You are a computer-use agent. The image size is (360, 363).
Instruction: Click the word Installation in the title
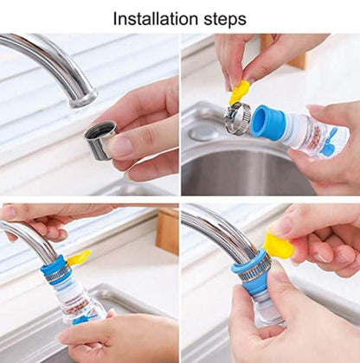[156, 19]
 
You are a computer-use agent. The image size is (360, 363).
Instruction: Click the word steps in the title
[225, 20]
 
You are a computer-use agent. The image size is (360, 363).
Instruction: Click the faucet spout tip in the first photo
[83, 100]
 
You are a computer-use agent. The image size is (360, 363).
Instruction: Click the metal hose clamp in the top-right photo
[237, 118]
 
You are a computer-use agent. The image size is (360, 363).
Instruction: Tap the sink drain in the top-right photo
[202, 133]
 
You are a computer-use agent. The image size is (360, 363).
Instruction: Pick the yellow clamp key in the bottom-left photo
[79, 258]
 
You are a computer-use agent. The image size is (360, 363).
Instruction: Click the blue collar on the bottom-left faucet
[55, 270]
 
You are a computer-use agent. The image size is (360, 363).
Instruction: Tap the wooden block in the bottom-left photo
[167, 232]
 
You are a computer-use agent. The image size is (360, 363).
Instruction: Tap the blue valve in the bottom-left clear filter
[84, 320]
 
